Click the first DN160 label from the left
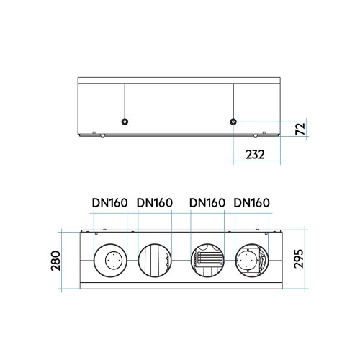point(109,203)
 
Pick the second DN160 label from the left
point(154,203)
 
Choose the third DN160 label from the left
point(207,203)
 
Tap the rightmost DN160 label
point(252,203)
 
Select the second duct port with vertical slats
point(154,260)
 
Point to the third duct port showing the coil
point(207,260)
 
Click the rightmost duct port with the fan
point(251,260)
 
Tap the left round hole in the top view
point(125,121)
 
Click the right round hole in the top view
point(233,121)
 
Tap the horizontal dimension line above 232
point(256,141)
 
